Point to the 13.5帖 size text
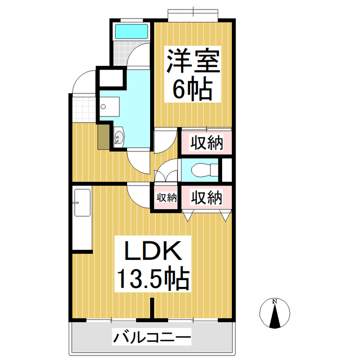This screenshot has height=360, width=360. click(x=152, y=278)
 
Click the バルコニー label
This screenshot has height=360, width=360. click(x=152, y=339)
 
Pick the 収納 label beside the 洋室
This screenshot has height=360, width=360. click(x=206, y=143)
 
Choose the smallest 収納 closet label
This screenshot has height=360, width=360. click(x=166, y=197)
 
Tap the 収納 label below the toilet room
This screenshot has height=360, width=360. click(x=206, y=197)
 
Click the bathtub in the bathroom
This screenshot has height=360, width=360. click(x=131, y=31)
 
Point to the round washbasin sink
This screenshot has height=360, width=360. click(x=119, y=137)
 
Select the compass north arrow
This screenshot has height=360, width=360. click(x=275, y=316)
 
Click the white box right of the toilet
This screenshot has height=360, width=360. click(x=227, y=170)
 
